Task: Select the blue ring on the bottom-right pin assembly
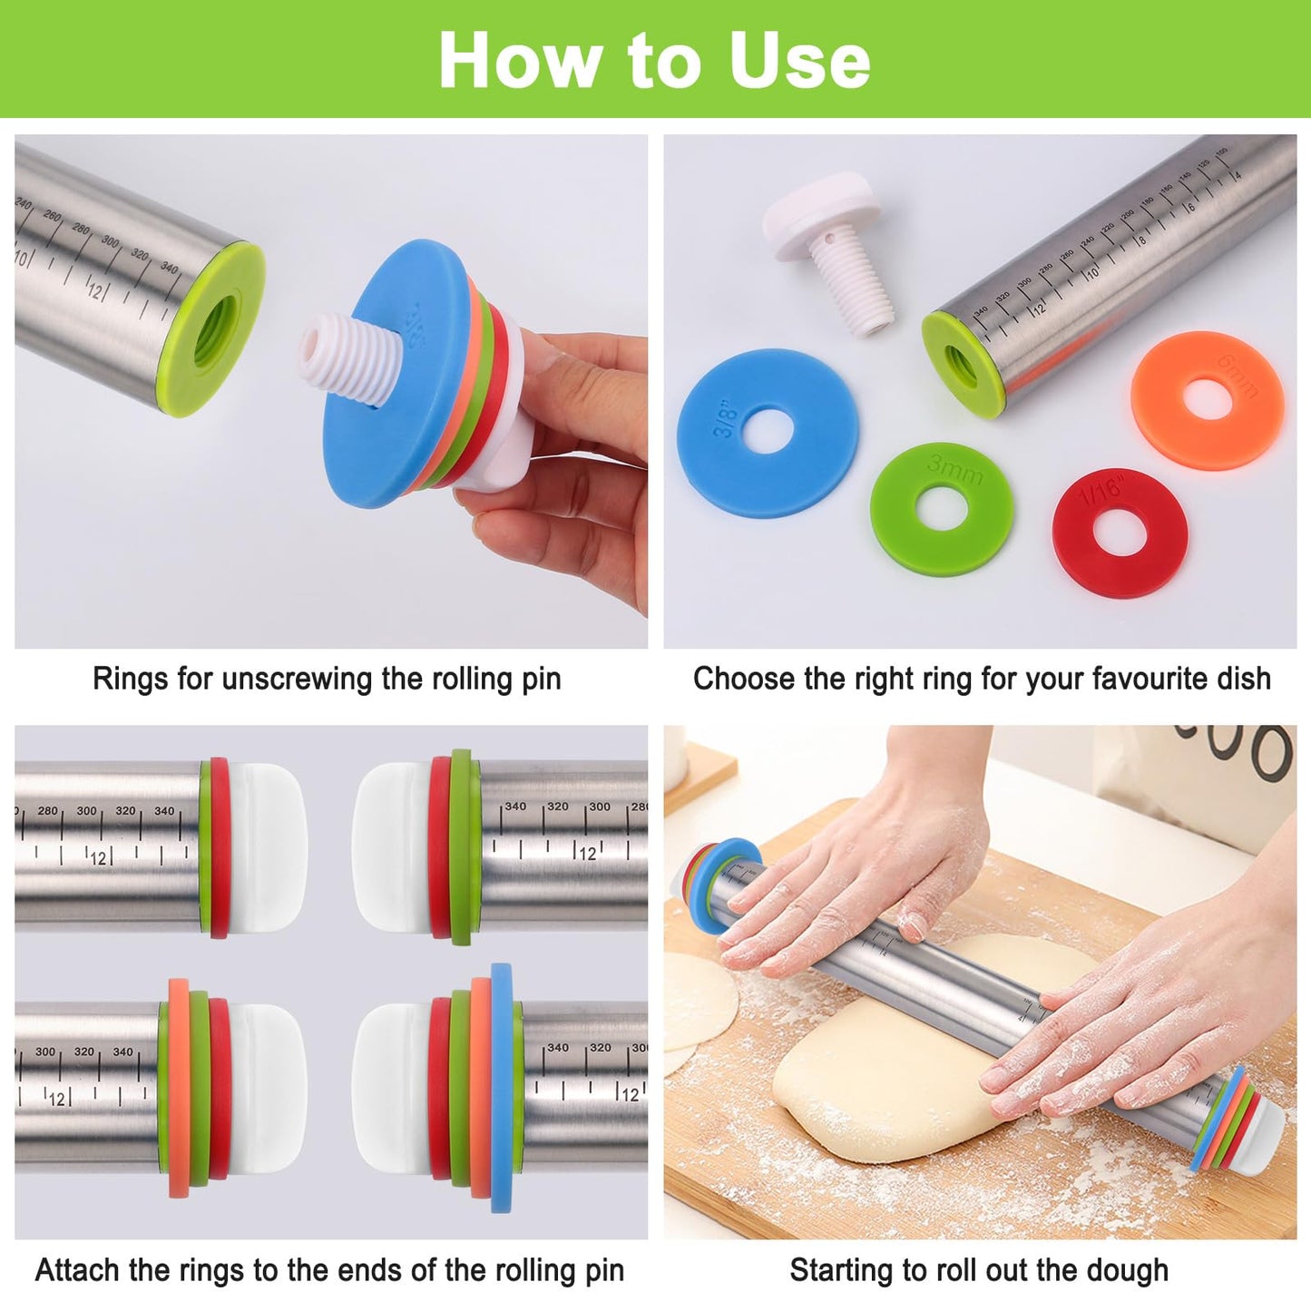coord(501,1089)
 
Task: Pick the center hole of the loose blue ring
coord(768,432)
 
